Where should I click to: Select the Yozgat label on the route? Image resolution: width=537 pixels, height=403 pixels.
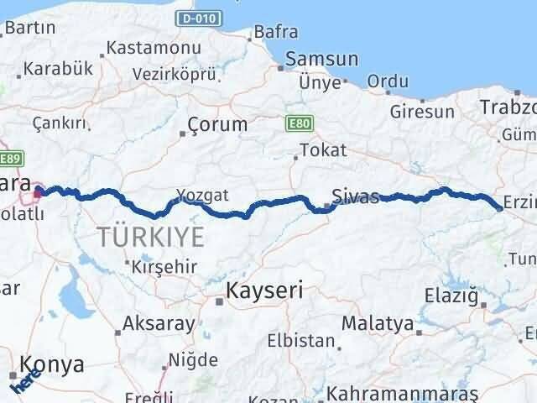[x=202, y=196]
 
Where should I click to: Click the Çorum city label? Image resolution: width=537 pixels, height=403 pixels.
[x=218, y=124]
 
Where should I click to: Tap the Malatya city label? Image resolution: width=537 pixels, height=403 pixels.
[x=377, y=323]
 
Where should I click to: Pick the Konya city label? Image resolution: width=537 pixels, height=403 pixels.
[x=53, y=365]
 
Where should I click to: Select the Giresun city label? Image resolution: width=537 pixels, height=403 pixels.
[x=422, y=110]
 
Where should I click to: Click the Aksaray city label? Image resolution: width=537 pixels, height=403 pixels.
[x=159, y=322]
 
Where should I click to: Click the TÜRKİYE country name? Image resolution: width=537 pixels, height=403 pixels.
[x=150, y=237]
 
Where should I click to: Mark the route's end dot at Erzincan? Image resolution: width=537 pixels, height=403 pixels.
[x=499, y=208]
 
